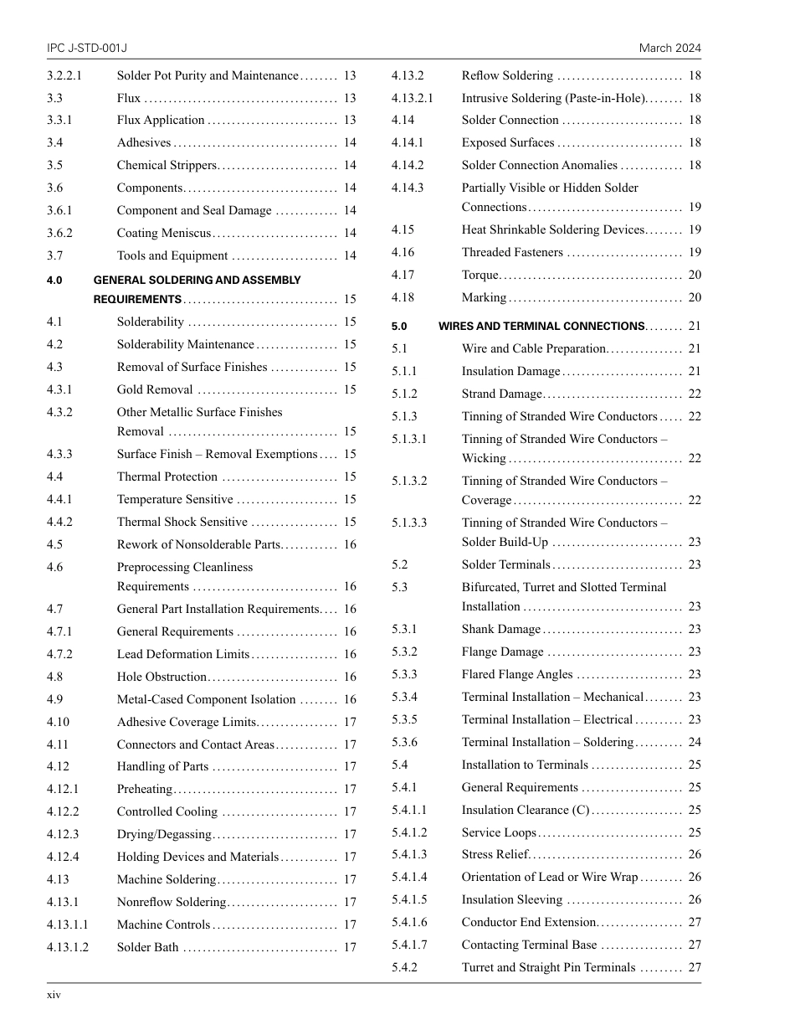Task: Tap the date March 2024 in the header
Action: tap(669, 49)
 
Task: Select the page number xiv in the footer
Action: tap(54, 995)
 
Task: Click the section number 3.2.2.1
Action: tap(64, 75)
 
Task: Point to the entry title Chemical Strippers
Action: tap(167, 166)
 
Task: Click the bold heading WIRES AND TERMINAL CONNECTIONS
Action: tap(541, 327)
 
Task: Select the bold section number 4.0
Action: tap(55, 281)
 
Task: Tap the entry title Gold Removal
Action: tap(155, 389)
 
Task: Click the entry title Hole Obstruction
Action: tap(162, 677)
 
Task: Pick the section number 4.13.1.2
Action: tap(68, 947)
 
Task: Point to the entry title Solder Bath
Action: tap(147, 947)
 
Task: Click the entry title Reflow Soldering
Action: tap(507, 75)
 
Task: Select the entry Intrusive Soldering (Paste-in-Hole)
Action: tap(553, 98)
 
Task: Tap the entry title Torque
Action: tap(480, 275)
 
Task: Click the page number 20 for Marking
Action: tap(695, 297)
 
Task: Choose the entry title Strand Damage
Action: tap(501, 394)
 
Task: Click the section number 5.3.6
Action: tap(404, 742)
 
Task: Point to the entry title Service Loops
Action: tap(499, 832)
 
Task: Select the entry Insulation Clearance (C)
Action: tap(526, 810)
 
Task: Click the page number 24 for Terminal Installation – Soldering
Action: tap(695, 742)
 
